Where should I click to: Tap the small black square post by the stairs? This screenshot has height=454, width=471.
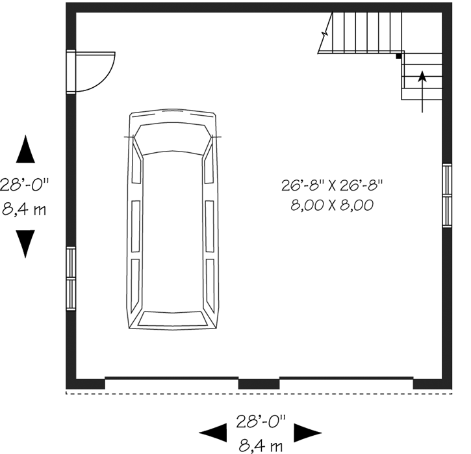(x=399, y=57)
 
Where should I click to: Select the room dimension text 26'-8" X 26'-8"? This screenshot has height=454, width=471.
(x=333, y=185)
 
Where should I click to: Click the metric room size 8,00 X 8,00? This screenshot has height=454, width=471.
(x=333, y=206)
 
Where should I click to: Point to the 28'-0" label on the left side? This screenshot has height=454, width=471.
(x=24, y=185)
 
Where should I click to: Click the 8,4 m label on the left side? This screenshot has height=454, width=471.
(x=24, y=211)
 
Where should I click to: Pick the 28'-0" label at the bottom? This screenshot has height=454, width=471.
(x=260, y=421)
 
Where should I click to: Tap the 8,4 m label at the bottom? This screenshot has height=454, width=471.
(x=260, y=446)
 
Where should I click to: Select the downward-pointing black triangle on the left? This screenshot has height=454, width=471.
(x=25, y=244)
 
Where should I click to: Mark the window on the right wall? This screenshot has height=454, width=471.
(x=447, y=195)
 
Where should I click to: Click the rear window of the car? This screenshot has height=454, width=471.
(x=172, y=319)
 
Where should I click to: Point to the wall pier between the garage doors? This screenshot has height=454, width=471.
(x=259, y=384)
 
